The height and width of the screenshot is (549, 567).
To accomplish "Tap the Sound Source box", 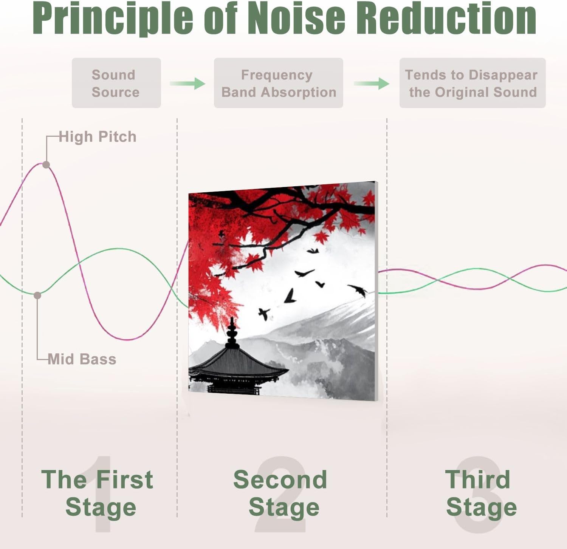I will pos(116,83).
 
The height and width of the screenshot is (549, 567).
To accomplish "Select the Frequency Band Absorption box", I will pos(278,83).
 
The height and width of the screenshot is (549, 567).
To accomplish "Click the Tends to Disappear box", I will pos(472,83).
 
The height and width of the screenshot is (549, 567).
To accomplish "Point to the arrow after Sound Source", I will pos(187,83).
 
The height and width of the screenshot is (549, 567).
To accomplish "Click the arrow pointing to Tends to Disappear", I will pos(372,83).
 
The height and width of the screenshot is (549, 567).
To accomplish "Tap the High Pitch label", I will pos(98,137).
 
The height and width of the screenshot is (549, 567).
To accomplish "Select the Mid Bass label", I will pos(82,359).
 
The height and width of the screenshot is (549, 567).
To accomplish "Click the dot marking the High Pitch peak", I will pos(46,164).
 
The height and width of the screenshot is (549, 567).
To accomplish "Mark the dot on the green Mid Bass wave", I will pos(37,295).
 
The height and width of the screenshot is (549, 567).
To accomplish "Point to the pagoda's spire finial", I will pos(232,329).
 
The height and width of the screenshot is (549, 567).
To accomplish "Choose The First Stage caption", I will pos(98,493).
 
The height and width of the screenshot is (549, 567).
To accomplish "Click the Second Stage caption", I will pos(280,493).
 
